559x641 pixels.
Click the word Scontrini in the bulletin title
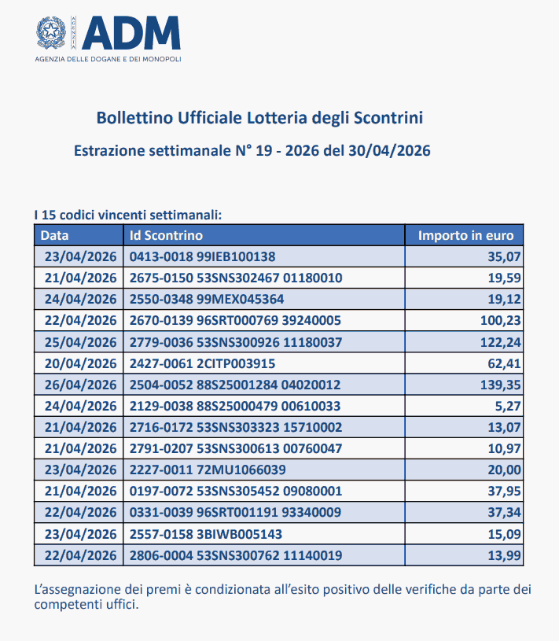[389, 118]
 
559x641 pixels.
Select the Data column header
[55, 235]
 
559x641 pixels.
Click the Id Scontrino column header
[166, 235]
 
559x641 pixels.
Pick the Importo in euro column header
[465, 235]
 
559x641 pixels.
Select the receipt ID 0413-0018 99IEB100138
[202, 256]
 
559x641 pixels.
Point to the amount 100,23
[500, 320]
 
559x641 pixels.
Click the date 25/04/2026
[80, 341]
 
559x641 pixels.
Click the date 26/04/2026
[80, 385]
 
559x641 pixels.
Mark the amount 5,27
[510, 406]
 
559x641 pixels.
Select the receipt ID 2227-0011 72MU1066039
[207, 470]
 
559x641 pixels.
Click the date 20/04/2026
[80, 363]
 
